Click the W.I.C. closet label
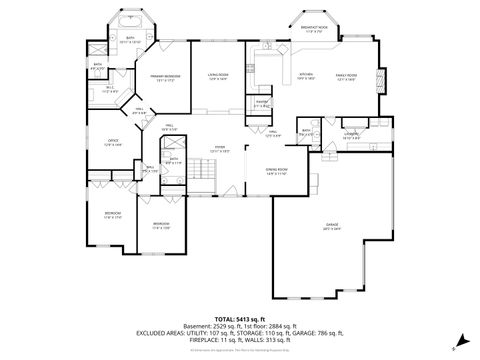tap(111, 89)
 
